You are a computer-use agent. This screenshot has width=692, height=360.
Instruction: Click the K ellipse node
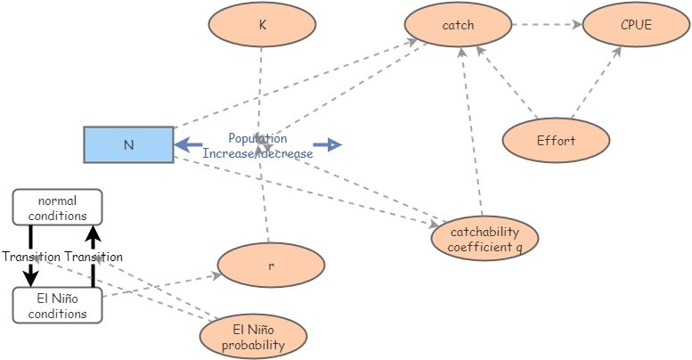[x=262, y=25]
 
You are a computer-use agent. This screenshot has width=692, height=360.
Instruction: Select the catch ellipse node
[x=458, y=25]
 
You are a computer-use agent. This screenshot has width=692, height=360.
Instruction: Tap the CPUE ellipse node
[x=636, y=25]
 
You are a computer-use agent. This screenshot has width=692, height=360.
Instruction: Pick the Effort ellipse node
[x=556, y=140]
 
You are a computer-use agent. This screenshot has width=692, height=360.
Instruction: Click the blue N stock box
[x=128, y=144]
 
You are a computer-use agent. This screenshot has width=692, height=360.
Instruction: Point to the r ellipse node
[x=271, y=266]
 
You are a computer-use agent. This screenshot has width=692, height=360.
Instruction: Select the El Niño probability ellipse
[x=254, y=336]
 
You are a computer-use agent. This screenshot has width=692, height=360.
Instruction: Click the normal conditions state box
[x=57, y=207]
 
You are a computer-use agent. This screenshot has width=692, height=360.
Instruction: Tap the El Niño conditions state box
[x=57, y=305]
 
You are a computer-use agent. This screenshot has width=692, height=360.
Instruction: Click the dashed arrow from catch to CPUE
[x=546, y=25]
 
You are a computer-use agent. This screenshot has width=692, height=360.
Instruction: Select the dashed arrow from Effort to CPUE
[x=595, y=83]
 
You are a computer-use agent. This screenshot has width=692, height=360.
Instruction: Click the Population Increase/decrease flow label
[x=257, y=146]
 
